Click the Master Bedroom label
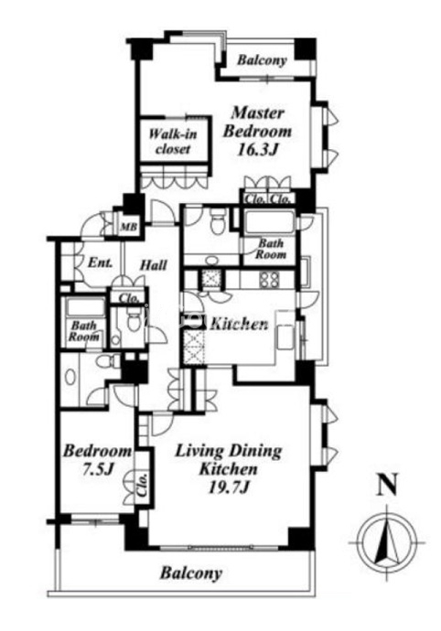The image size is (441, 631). [x=257, y=122]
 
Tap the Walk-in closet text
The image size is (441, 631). [x=173, y=141]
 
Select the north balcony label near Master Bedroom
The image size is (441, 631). [x=262, y=60]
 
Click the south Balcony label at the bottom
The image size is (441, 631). [x=191, y=573]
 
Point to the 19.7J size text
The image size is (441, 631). [x=229, y=487]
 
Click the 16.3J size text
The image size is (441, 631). [x=258, y=150]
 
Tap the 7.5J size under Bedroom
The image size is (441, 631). [x=97, y=469]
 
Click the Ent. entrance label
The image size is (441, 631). [x=100, y=263]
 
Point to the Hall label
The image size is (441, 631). [x=153, y=265]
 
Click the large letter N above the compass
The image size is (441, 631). [x=387, y=485]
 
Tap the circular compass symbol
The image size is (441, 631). [x=387, y=541]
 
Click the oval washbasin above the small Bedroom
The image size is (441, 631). [x=70, y=377]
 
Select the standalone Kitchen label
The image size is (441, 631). [x=240, y=324]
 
